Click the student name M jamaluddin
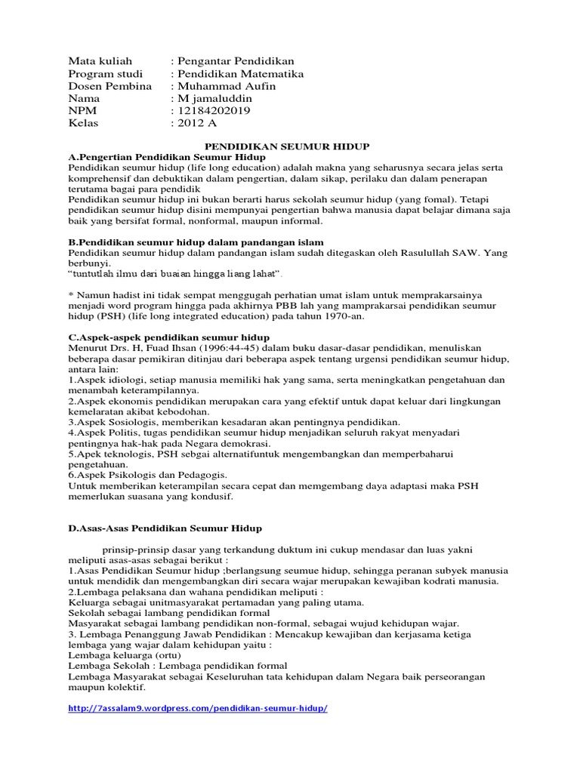215,98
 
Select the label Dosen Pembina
110,86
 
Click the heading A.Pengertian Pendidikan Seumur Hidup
172,156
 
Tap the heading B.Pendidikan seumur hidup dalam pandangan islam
196,242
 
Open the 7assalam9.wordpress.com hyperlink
198,710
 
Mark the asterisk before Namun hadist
70,294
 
